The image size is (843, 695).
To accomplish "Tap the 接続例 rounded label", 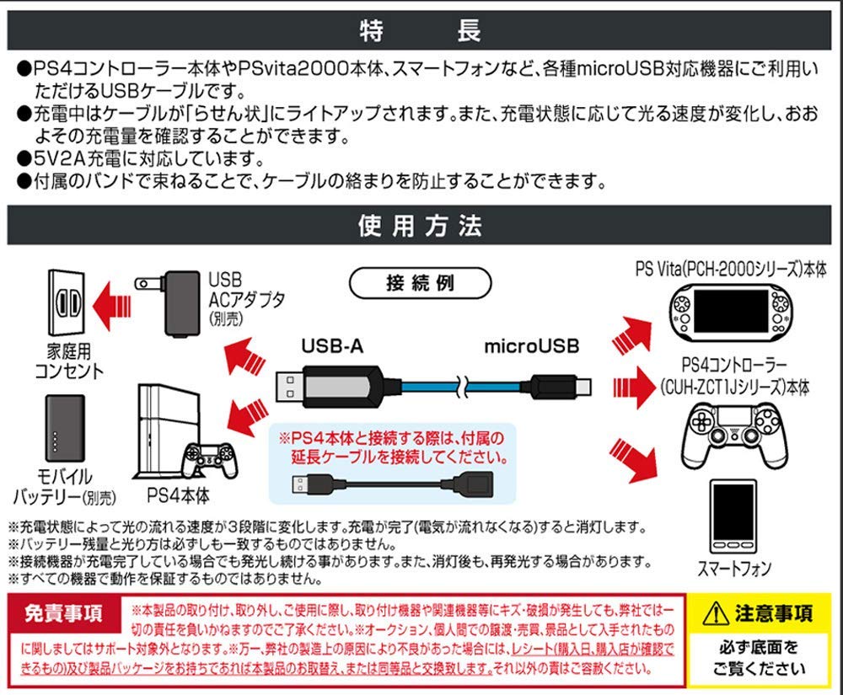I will (x=420, y=281).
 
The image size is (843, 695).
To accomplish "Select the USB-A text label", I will (x=336, y=345).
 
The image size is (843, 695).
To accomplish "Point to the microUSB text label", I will (x=532, y=345).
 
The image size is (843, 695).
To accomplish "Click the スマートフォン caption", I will (x=733, y=569).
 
